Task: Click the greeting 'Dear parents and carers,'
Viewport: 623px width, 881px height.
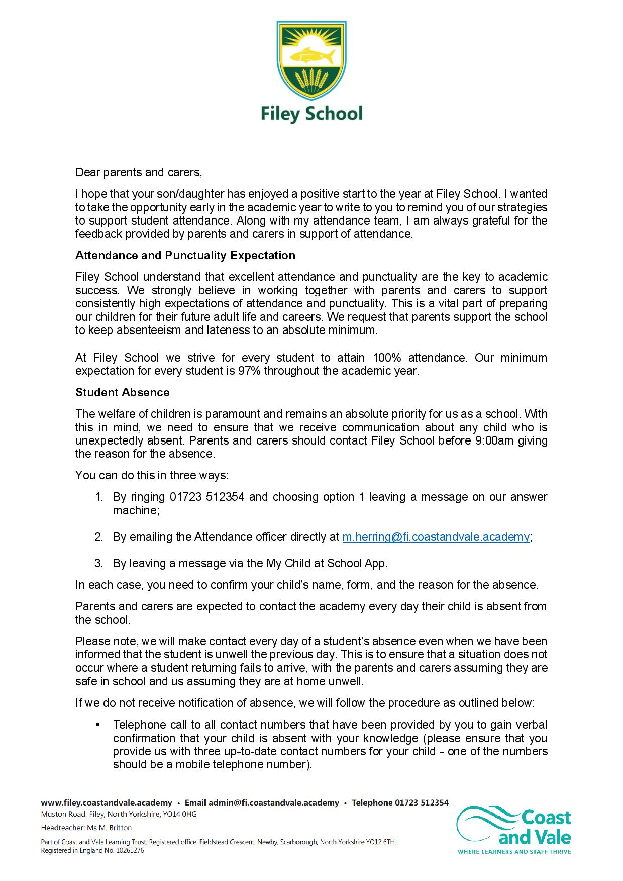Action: [139, 173]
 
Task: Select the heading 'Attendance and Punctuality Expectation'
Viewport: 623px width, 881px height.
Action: [185, 255]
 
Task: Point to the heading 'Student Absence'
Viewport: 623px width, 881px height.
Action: [123, 392]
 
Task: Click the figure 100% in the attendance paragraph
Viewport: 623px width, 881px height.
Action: [387, 358]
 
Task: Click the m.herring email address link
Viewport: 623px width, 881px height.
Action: [436, 537]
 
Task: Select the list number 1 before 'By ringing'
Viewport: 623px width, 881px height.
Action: [98, 497]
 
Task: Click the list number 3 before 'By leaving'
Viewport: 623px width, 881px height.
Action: [98, 563]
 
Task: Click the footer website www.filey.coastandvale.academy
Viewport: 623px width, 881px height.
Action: [106, 803]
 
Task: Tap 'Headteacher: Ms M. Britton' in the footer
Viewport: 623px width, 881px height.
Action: [86, 828]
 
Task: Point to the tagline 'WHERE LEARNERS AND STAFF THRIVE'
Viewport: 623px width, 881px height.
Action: [514, 852]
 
